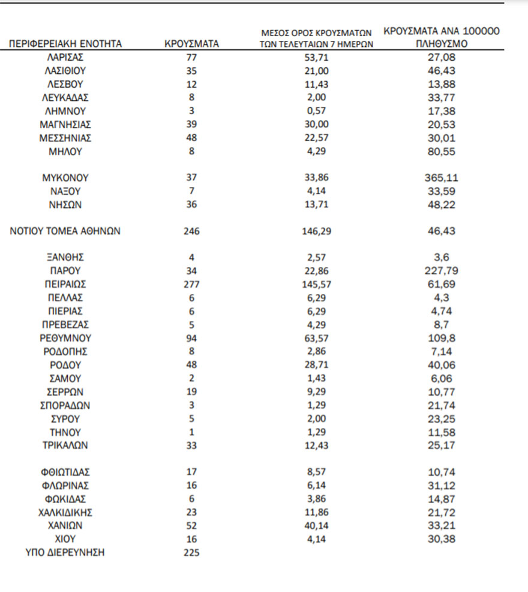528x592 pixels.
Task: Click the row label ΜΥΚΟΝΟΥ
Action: pos(65,178)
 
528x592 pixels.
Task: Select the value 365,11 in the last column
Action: pos(442,178)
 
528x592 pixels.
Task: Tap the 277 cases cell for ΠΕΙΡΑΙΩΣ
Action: pos(191,284)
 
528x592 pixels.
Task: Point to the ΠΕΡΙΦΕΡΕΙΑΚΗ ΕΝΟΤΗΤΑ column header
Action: pos(65,44)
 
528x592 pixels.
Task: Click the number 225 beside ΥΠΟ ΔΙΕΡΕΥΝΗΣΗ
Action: pos(191,553)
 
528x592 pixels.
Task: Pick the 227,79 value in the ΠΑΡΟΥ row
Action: pos(442,271)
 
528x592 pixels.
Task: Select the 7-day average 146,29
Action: pos(317,231)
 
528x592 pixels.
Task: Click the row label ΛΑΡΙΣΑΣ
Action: pos(65,58)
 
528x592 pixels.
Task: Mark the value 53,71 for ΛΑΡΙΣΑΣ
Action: pos(317,58)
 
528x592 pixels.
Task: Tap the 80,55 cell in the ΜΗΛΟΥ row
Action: pos(442,152)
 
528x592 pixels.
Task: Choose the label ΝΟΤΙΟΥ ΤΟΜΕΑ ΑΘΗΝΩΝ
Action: pos(65,231)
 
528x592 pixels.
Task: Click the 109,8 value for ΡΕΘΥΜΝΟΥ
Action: pos(442,338)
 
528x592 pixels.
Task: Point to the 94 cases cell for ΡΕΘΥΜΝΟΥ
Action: pos(191,338)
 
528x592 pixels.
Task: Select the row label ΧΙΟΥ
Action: pos(65,539)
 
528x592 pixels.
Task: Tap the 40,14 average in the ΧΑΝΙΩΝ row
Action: pos(317,526)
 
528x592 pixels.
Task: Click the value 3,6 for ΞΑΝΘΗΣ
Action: pos(442,258)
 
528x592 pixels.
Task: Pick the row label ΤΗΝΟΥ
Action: pos(65,432)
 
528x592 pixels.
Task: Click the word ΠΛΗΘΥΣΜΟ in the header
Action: pos(442,44)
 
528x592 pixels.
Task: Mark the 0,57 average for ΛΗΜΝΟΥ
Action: pos(317,111)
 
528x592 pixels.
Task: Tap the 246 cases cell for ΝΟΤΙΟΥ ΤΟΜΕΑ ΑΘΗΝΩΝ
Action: pos(191,231)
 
